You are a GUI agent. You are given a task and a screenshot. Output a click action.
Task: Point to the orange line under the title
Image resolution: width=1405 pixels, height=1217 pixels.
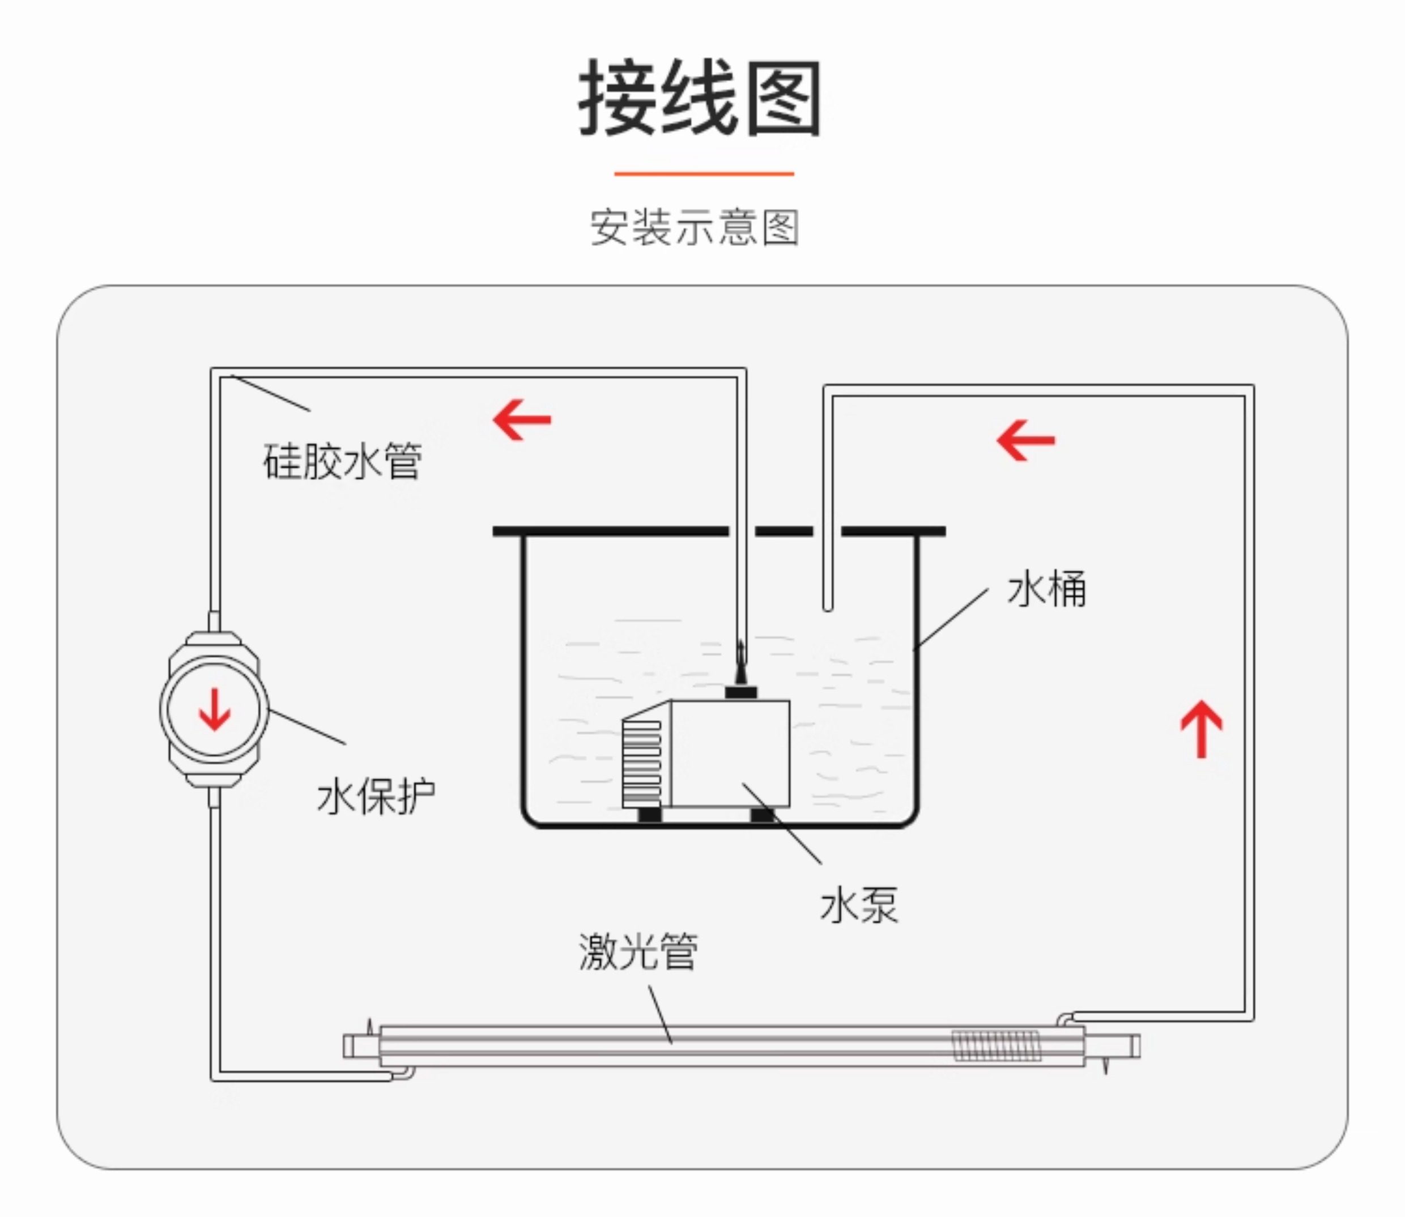[704, 174]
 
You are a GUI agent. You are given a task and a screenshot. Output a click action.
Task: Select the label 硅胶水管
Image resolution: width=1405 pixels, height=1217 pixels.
[342, 461]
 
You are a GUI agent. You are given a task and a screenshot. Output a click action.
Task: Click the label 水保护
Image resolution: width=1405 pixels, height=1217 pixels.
[376, 796]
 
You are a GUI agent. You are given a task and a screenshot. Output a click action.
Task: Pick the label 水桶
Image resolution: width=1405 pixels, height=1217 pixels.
[1046, 588]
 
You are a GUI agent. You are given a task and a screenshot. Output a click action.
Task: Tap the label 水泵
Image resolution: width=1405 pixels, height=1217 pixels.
[858, 905]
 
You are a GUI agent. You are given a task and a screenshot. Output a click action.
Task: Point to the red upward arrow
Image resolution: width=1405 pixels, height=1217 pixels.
[1200, 729]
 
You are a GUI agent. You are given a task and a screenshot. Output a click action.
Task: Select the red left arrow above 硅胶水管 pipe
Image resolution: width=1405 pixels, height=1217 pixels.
[522, 420]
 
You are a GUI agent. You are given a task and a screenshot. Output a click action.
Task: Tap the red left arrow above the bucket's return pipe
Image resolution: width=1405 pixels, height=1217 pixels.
[1025, 440]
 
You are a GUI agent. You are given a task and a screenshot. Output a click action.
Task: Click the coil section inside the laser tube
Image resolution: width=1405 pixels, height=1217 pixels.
[995, 1046]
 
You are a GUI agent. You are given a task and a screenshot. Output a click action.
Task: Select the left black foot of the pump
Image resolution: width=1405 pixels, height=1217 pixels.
[649, 814]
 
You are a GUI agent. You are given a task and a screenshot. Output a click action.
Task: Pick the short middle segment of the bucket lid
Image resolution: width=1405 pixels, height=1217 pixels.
[784, 531]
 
